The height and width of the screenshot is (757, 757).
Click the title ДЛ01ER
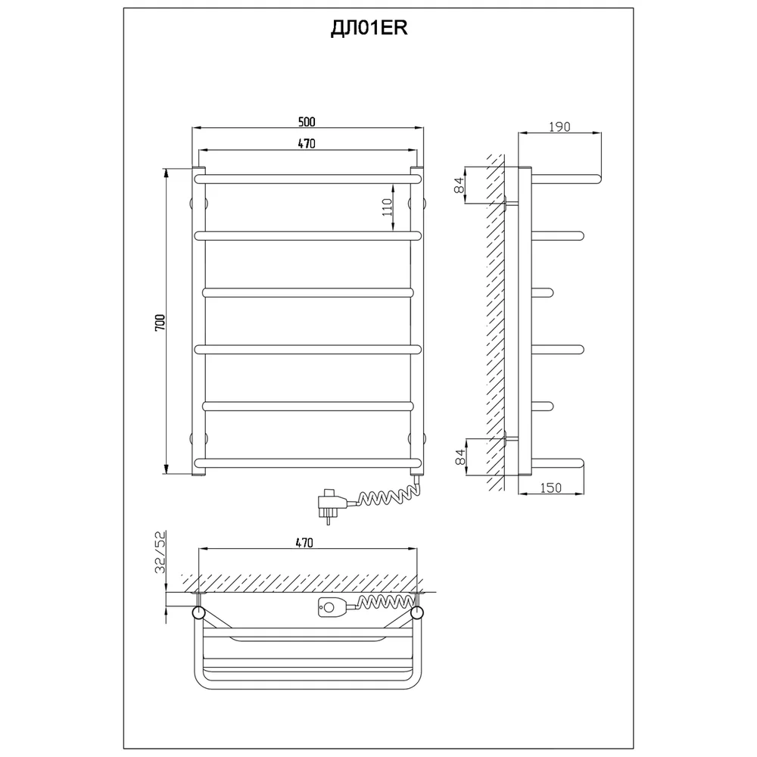click(x=369, y=29)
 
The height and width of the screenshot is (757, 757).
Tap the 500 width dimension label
click(x=307, y=122)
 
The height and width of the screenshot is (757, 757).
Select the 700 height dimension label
click(x=160, y=322)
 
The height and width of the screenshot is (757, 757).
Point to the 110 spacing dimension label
click(x=387, y=207)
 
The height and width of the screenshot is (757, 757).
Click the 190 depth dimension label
click(x=559, y=127)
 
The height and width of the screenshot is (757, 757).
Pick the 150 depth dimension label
click(x=551, y=488)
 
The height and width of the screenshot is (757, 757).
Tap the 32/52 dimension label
click(x=160, y=552)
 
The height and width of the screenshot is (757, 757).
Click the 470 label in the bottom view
click(x=304, y=543)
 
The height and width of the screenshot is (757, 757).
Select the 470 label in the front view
click(x=307, y=144)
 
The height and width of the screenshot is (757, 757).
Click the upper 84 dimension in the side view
click(x=459, y=185)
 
